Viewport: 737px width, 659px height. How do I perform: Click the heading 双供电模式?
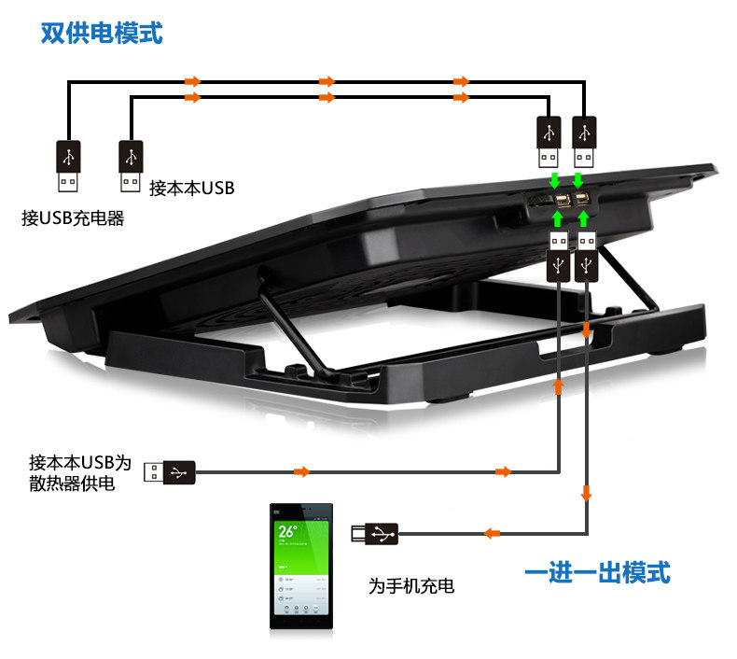click(x=102, y=34)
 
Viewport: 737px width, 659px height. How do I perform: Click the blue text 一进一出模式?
click(x=596, y=571)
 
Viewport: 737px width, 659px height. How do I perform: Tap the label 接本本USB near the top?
click(x=191, y=188)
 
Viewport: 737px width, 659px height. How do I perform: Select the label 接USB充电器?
click(x=73, y=218)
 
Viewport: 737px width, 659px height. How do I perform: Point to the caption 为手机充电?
click(x=410, y=586)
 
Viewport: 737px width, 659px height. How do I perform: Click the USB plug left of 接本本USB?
click(x=132, y=164)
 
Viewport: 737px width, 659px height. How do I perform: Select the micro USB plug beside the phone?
click(x=374, y=533)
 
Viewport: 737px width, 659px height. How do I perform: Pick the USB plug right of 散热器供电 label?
click(x=170, y=472)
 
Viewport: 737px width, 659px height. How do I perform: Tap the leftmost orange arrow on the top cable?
click(x=192, y=81)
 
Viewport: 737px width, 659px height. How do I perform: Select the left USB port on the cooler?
click(x=560, y=199)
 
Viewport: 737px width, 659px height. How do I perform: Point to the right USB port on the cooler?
click(x=581, y=199)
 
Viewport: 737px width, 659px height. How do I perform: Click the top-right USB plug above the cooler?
click(x=583, y=139)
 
